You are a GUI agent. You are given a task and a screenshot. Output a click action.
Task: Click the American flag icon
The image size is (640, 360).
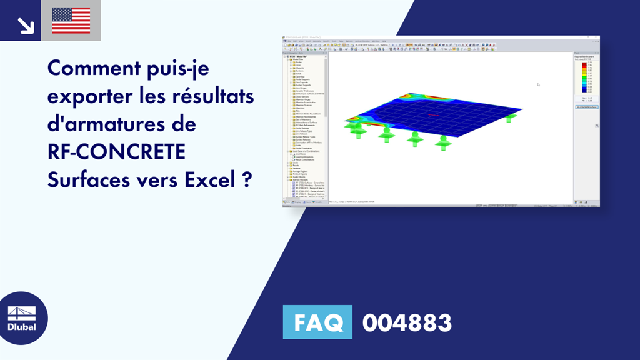71,20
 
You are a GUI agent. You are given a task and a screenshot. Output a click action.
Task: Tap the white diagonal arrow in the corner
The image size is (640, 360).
26,24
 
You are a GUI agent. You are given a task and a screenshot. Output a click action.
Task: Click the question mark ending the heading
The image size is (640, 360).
247,181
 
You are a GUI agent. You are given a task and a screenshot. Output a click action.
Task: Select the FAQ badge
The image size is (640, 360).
317,322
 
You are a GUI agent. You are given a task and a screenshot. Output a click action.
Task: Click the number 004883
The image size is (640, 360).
407,323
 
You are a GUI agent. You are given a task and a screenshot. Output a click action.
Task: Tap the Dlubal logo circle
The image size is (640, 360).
22,317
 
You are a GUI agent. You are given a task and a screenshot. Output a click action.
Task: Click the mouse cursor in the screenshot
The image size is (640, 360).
538,84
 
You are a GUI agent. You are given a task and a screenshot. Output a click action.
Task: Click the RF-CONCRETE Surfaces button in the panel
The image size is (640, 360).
586,107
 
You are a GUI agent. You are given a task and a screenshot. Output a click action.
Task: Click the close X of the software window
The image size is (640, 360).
597,37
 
